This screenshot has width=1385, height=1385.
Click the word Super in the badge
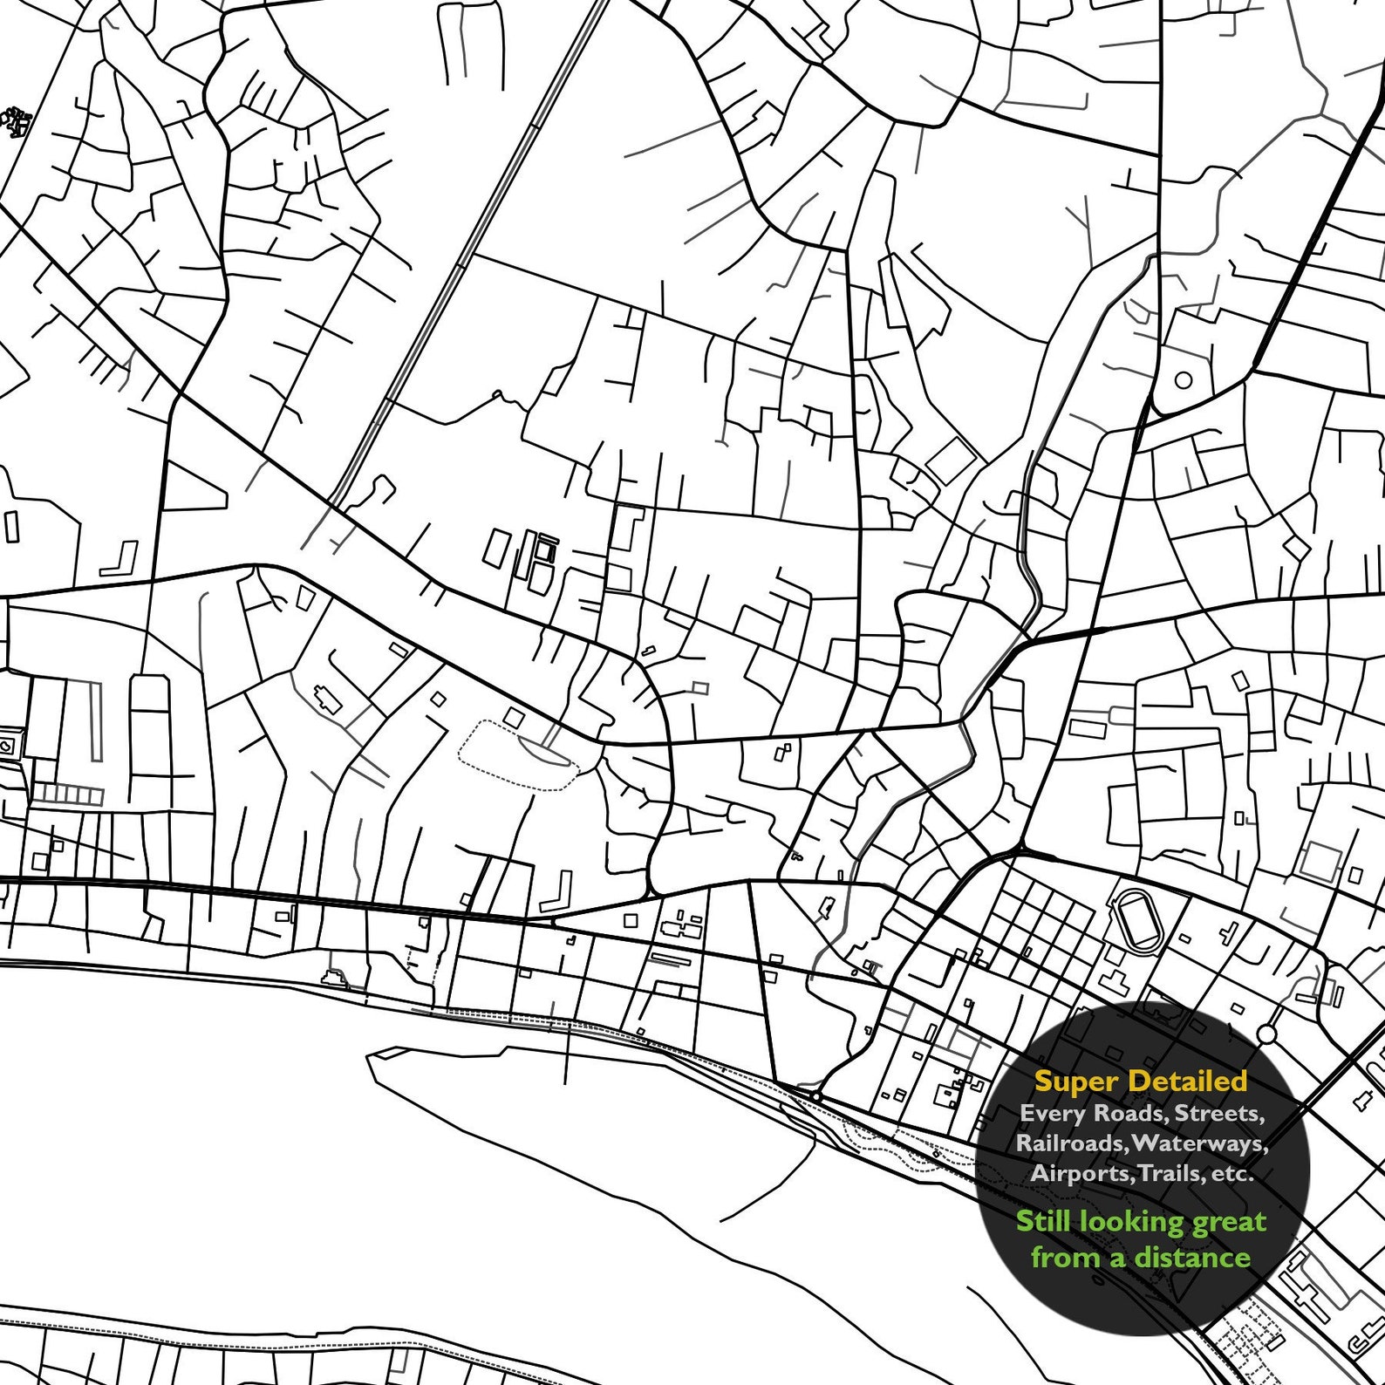1075,1082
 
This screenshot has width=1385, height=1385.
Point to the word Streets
1219,1114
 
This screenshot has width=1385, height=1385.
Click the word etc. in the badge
1233,1174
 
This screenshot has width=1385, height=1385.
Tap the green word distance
1192,1257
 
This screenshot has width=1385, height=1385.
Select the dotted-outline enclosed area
520,755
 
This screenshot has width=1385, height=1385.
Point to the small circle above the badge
1266,1034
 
